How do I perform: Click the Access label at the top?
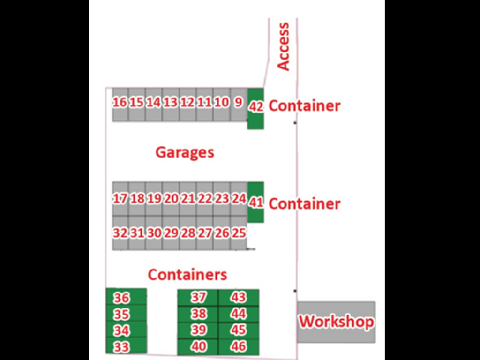tap(284, 46)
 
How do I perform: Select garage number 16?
tap(120, 103)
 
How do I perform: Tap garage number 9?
tap(238, 103)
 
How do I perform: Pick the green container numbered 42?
tap(255, 107)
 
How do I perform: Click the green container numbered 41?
tap(255, 202)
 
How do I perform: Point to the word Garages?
tap(185, 152)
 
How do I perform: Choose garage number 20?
tap(171, 199)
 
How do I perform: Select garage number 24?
tap(239, 199)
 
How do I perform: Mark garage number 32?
tap(120, 233)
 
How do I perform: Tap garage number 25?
tap(239, 233)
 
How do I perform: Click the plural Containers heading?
tap(187, 274)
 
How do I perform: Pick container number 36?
tap(122, 298)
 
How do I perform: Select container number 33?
tap(122, 347)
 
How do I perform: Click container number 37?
tap(198, 297)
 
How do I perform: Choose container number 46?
tap(239, 347)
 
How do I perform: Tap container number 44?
tap(239, 314)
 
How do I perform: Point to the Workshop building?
tap(336, 322)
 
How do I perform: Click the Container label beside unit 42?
tap(304, 106)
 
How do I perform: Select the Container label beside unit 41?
tap(304, 204)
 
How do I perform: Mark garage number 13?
tap(171, 103)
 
